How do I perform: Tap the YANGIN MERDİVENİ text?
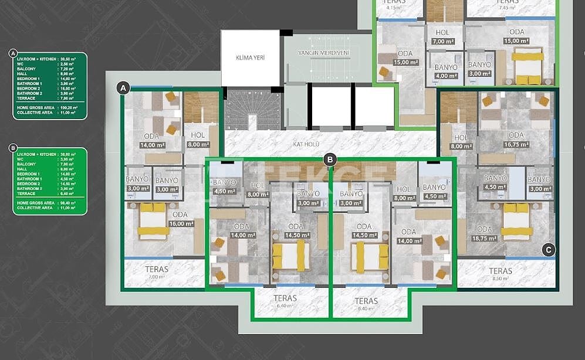coord(323,53)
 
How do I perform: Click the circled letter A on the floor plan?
coord(123,88)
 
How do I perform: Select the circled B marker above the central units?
coord(330,159)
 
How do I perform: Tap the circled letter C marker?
coord(548,250)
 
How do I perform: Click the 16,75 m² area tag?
coord(516,145)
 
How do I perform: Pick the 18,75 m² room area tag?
coord(485,239)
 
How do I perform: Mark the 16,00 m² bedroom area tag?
coord(181,223)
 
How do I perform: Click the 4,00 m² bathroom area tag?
coord(445,76)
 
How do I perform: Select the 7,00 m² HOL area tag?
coord(443,42)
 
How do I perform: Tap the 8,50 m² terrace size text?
coord(500,280)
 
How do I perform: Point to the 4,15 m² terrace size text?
coord(393,7)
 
